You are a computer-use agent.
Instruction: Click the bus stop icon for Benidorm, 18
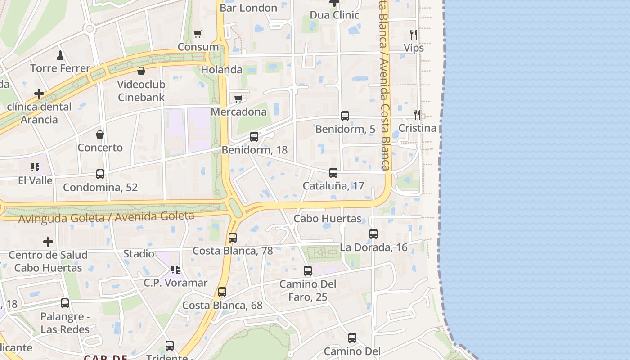point(254,137)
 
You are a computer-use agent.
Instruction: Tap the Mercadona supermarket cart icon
point(238,99)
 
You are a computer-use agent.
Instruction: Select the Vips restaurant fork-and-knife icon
point(413,35)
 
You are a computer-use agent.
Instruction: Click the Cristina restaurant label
point(417,128)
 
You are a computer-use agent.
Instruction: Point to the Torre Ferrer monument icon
point(60,55)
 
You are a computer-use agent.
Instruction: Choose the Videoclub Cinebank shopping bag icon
point(141,71)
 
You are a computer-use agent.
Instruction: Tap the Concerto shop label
point(100,148)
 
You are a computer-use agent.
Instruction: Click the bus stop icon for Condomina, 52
point(100,174)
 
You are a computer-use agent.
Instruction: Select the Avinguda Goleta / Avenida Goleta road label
point(106,217)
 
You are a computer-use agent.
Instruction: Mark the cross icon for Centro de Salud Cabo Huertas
point(48,242)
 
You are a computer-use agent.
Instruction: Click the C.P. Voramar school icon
point(175,270)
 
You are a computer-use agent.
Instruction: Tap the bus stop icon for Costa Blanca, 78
point(233,238)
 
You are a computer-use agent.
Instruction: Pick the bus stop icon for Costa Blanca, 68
point(222,292)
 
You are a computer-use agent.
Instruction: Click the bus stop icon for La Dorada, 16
point(373,234)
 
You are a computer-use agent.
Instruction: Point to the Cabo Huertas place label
point(327,219)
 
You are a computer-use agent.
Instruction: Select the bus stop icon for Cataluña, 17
point(333,173)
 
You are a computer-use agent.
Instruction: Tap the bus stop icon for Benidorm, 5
point(345,116)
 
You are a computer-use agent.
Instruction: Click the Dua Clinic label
point(334,15)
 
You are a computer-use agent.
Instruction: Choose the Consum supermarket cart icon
point(198,34)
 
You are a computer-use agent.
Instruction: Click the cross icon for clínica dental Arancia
point(39,94)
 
